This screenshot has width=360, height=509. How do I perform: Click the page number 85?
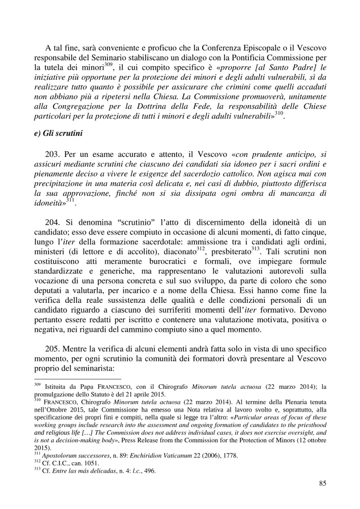(322, 483)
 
